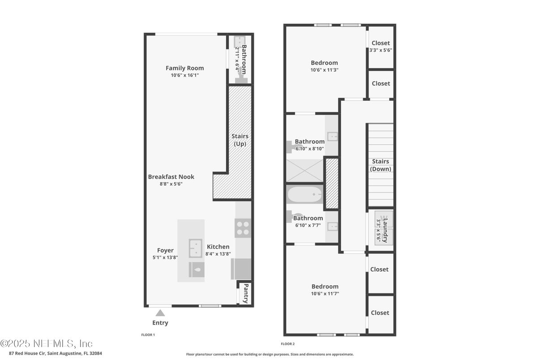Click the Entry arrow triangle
click(x=160, y=313)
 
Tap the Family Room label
click(x=184, y=68)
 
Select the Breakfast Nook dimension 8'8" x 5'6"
click(x=171, y=184)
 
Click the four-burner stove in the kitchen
click(x=243, y=228)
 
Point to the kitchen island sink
click(x=196, y=249)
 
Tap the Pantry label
click(x=246, y=293)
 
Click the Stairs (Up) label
click(x=240, y=140)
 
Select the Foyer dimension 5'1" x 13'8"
click(x=165, y=257)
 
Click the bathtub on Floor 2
click(x=305, y=194)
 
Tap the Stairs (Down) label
click(x=381, y=165)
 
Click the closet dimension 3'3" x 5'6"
click(x=381, y=50)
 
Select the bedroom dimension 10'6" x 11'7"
click(x=325, y=294)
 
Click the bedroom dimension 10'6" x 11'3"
click(x=324, y=70)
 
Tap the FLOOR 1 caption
click(x=148, y=334)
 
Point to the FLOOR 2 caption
click(x=287, y=344)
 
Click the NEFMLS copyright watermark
click(x=46, y=343)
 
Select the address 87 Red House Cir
click(x=27, y=353)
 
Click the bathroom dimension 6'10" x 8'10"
click(x=310, y=149)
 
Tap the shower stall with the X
click(x=305, y=171)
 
